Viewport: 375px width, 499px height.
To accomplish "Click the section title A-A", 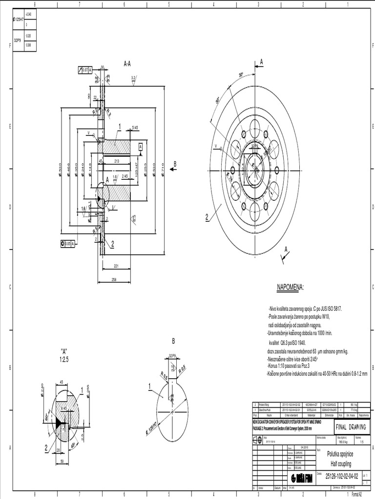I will click(127, 63).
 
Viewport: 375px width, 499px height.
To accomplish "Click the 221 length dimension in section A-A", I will click(116, 266).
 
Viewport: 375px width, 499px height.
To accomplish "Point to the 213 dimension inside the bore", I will click(117, 160).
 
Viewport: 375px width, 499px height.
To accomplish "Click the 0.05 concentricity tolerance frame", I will click(68, 243).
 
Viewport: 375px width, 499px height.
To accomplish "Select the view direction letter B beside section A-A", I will click(175, 163).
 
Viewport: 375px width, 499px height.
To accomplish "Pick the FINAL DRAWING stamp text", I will click(354, 427).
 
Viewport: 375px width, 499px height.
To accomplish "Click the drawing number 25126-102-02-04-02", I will click(342, 475).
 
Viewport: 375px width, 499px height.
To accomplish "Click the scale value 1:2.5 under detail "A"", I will click(64, 359).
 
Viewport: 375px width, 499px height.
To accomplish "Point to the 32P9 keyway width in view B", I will click(172, 355).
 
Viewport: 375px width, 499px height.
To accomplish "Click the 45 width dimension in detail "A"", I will click(62, 382).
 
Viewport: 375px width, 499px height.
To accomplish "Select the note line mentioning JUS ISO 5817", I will click(305, 309).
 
